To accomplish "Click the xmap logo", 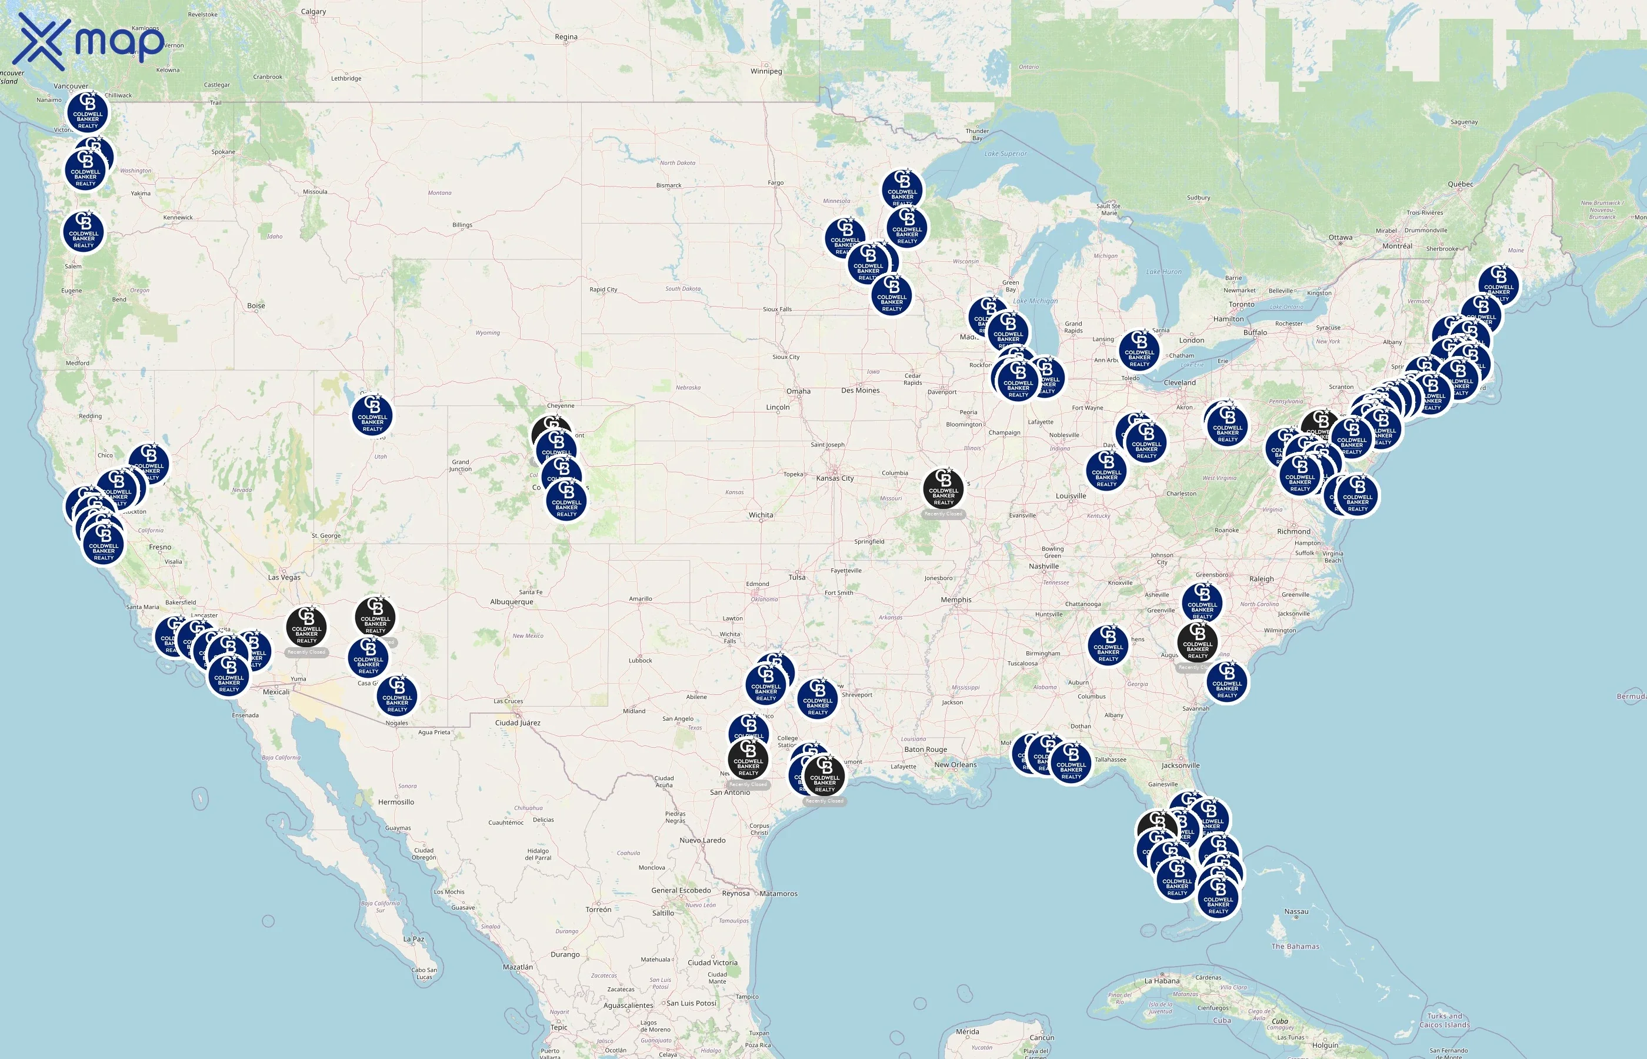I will (89, 41).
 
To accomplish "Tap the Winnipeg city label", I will (766, 71).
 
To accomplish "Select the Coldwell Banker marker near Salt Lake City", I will (372, 415).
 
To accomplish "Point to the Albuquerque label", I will (511, 602).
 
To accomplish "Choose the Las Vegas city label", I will (284, 577).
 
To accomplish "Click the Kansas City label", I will (835, 478).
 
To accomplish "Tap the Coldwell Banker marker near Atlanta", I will (1108, 645).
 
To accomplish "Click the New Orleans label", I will (955, 765).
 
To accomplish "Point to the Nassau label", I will (1296, 912).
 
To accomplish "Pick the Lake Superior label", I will (1005, 154).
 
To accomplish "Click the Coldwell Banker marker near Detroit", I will (1139, 351).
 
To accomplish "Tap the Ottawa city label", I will (1340, 237).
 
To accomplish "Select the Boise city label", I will (256, 305).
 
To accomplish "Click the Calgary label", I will (314, 12).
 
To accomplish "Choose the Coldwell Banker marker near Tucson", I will (396, 695).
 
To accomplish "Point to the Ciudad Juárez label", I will (518, 722).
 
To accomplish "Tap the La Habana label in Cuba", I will (1162, 981).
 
